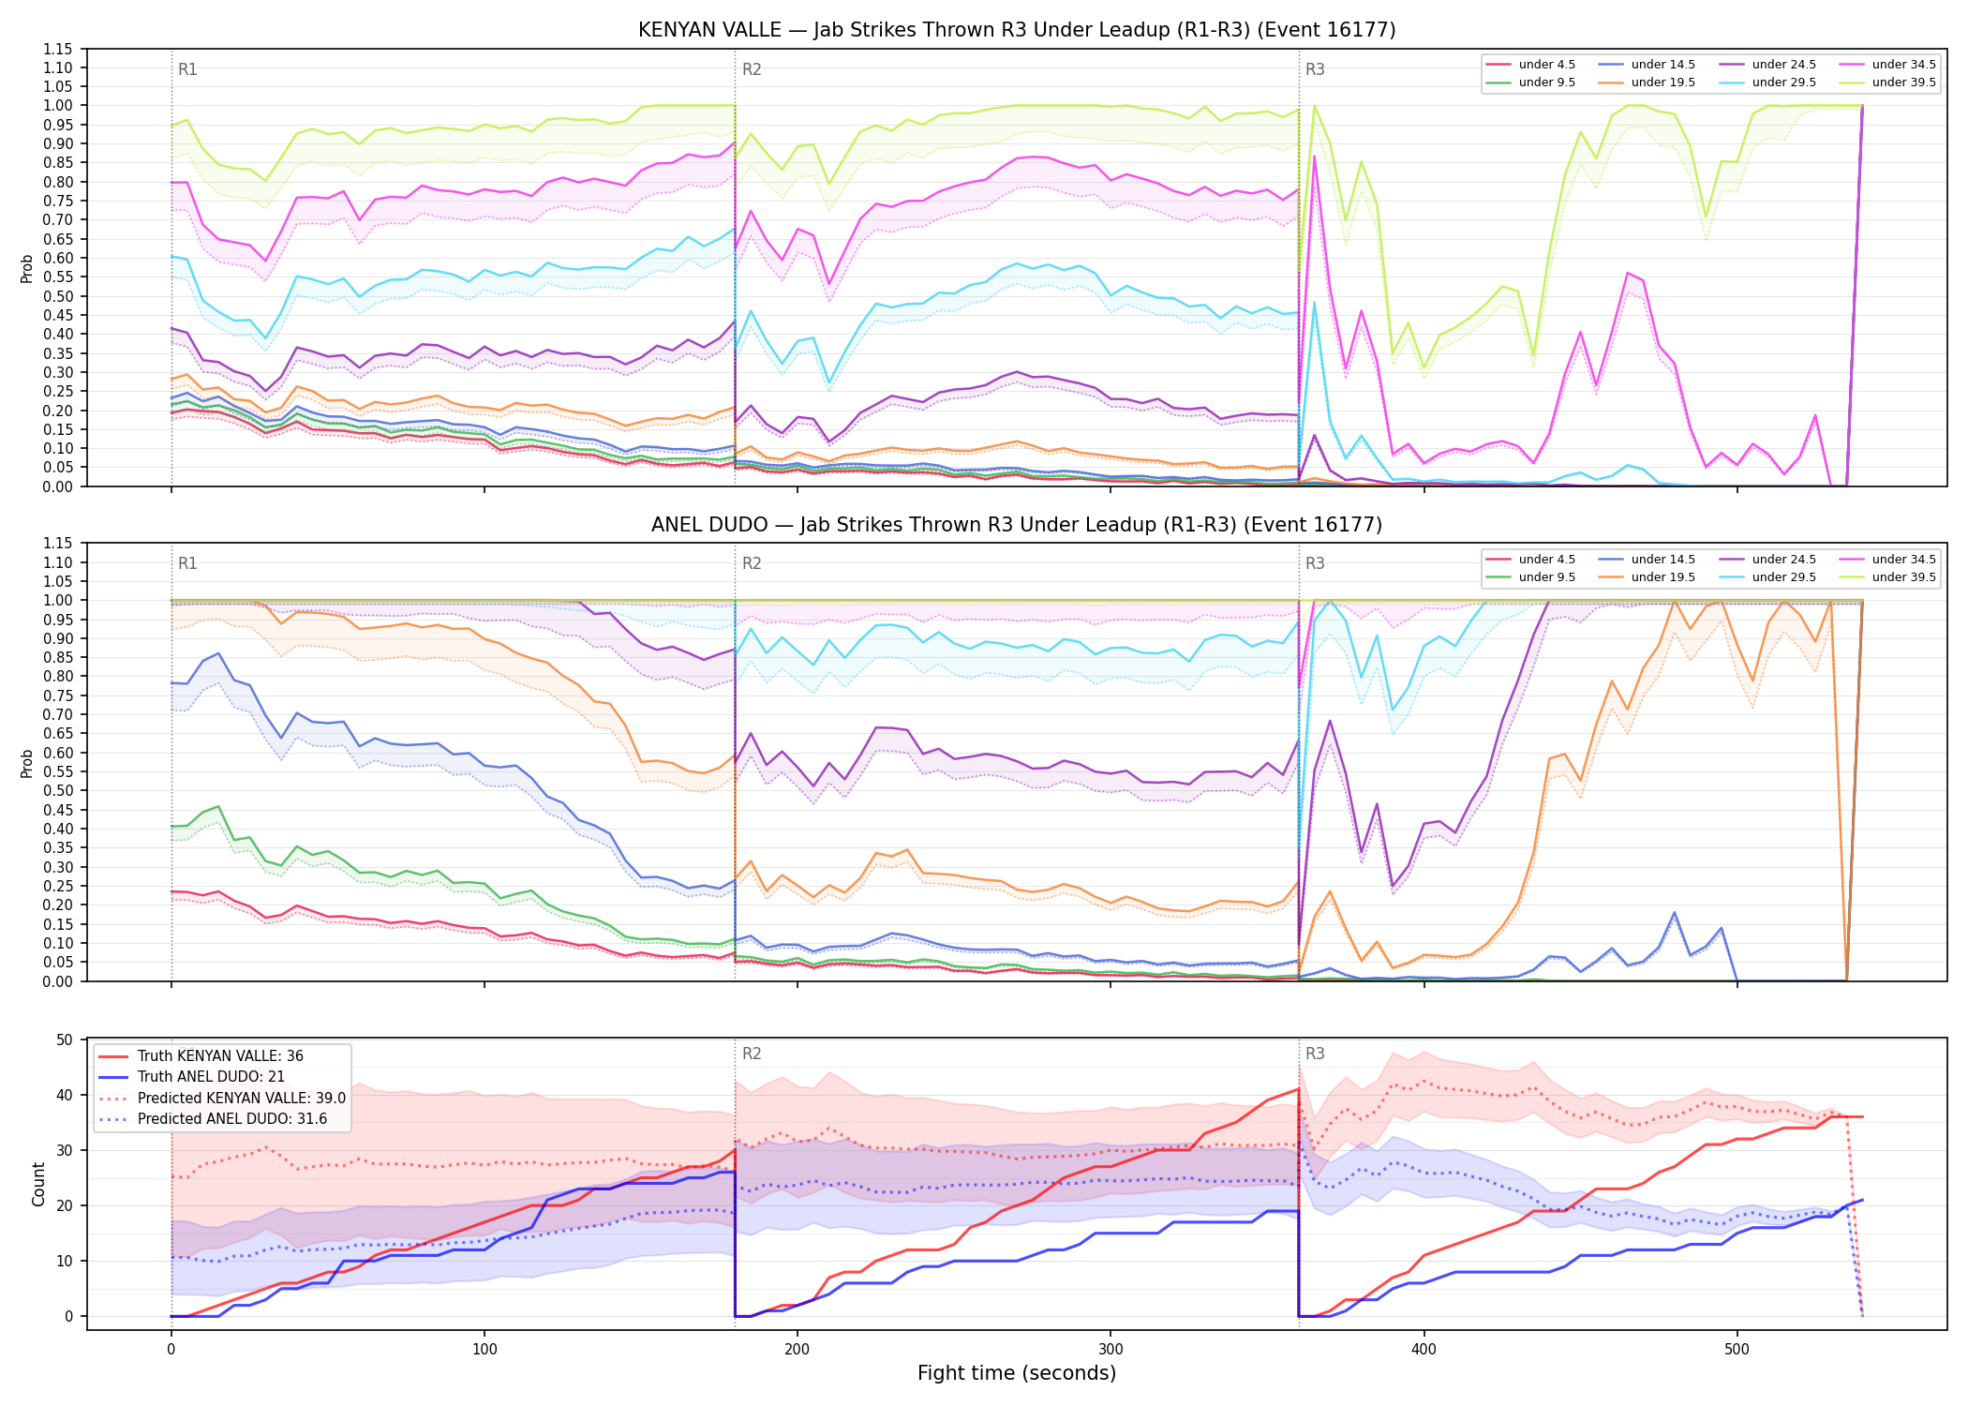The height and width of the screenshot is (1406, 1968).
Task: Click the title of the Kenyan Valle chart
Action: click(x=1017, y=30)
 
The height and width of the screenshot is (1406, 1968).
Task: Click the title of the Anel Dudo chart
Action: click(x=1017, y=525)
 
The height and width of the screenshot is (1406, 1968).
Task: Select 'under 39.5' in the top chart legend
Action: click(x=1904, y=82)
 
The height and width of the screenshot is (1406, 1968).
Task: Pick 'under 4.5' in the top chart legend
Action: click(x=1547, y=65)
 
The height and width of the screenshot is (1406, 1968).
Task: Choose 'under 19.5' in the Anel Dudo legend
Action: click(x=1663, y=577)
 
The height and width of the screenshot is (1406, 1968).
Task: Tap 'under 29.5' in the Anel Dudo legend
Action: click(x=1784, y=577)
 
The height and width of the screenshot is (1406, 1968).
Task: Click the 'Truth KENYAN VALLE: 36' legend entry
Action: click(x=220, y=1056)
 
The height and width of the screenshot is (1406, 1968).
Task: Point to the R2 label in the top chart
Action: click(x=752, y=69)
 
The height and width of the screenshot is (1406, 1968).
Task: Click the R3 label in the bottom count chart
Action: click(x=1315, y=1054)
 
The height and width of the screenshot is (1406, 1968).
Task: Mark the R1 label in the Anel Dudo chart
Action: click(x=187, y=563)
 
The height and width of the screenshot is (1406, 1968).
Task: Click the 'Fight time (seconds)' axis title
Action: click(x=1017, y=1373)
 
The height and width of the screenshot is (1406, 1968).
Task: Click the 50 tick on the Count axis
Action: click(x=65, y=1040)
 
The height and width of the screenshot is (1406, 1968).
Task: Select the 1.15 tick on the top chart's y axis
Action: click(x=58, y=49)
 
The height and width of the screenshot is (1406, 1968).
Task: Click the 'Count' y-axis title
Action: click(x=38, y=1184)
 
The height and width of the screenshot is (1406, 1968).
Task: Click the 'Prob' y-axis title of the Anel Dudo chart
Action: click(x=27, y=763)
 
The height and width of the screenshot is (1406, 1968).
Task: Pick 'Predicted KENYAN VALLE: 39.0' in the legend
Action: click(x=242, y=1098)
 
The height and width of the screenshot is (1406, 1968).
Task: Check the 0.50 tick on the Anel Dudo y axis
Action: click(x=58, y=790)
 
